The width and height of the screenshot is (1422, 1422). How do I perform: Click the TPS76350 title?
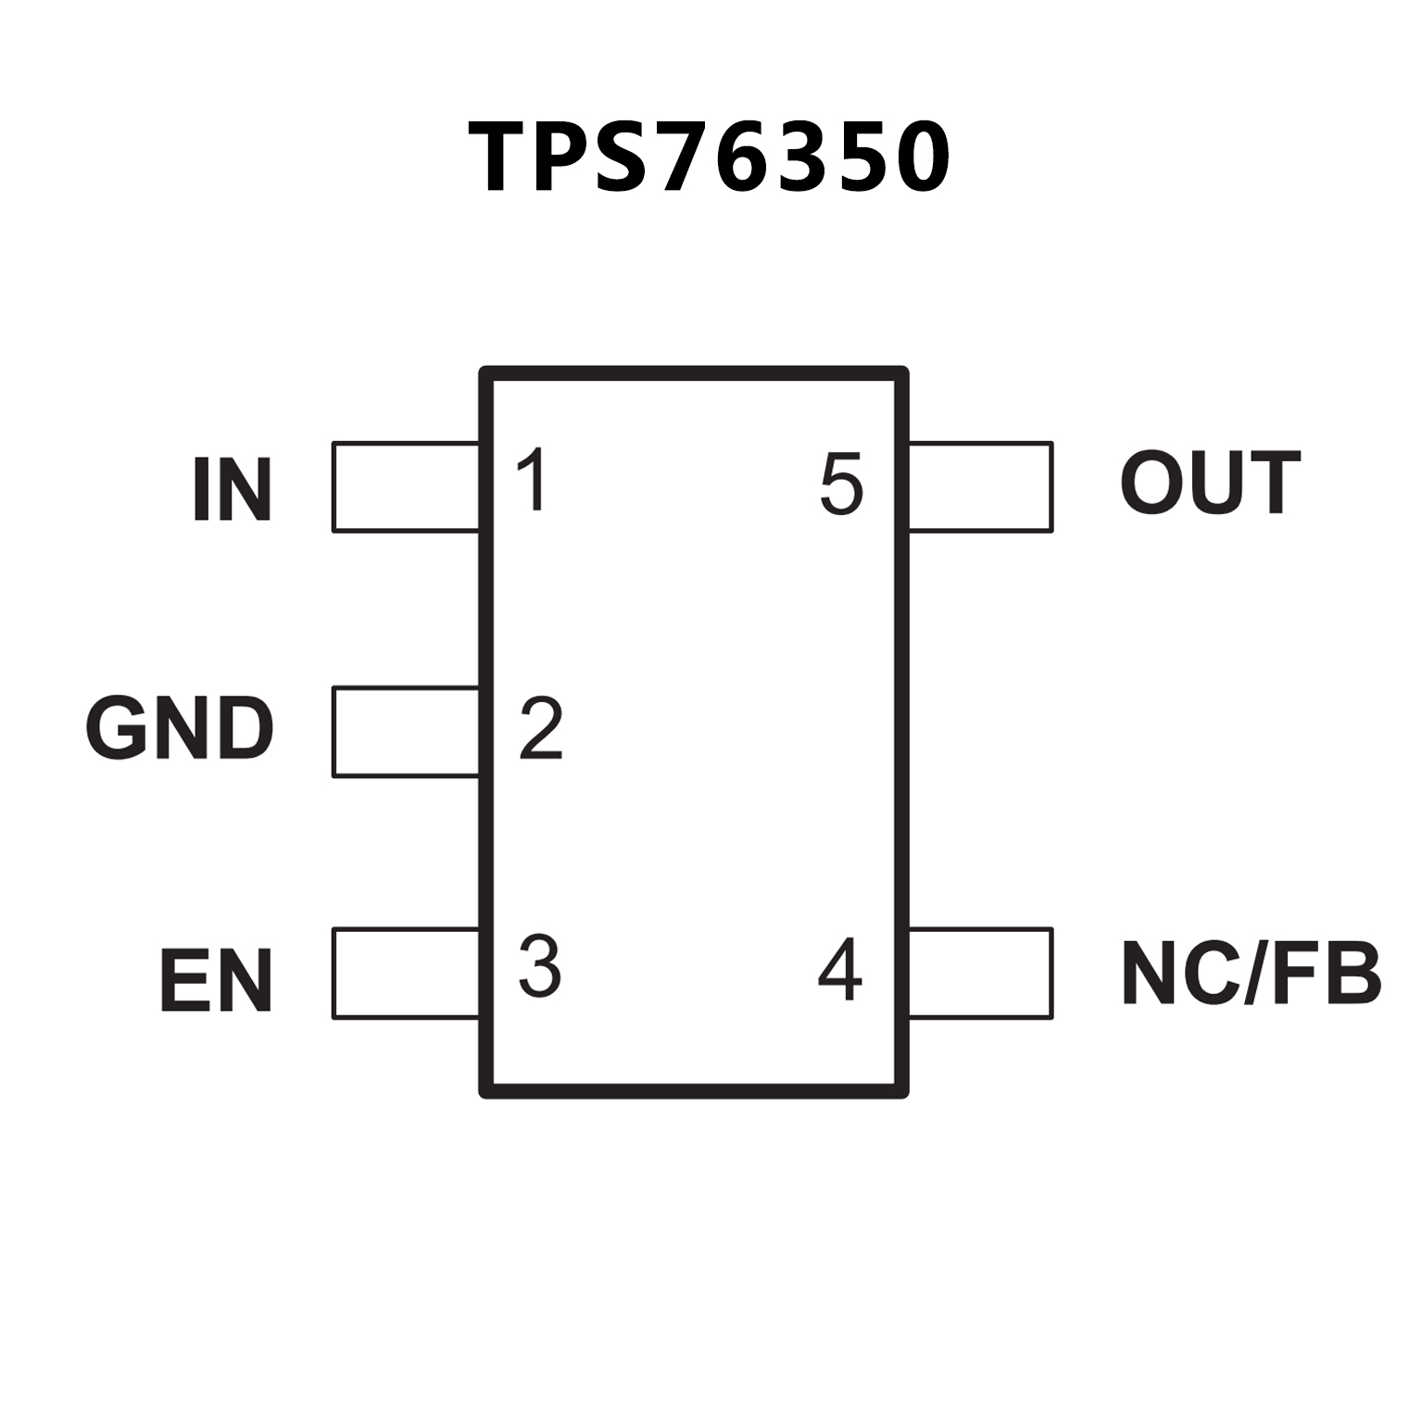pyautogui.click(x=710, y=157)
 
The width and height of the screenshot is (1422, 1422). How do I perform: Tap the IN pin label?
pyautogui.click(x=233, y=489)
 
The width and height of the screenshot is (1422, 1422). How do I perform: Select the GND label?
pyautogui.click(x=181, y=729)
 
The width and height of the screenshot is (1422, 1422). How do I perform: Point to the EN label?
pyautogui.click(x=217, y=980)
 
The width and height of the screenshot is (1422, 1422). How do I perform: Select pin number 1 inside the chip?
pyautogui.click(x=534, y=480)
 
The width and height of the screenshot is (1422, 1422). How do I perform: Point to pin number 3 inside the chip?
pyautogui.click(x=540, y=966)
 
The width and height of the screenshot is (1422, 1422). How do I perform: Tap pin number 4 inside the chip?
pyautogui.click(x=840, y=969)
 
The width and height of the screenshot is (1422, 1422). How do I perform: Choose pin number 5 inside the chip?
pyautogui.click(x=841, y=484)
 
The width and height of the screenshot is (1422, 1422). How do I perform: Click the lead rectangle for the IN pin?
pyautogui.click(x=406, y=487)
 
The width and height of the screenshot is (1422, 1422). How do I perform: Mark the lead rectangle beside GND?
pyautogui.click(x=406, y=732)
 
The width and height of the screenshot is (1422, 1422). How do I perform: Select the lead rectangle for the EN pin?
pyautogui.click(x=406, y=974)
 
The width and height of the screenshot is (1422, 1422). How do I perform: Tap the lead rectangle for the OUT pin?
pyautogui.click(x=980, y=487)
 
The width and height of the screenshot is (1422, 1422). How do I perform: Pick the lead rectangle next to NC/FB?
pyautogui.click(x=980, y=974)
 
